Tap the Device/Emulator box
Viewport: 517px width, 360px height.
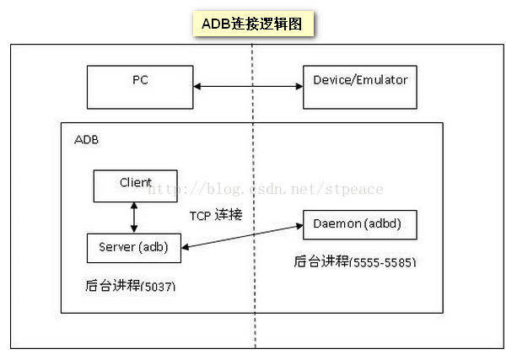(360, 85)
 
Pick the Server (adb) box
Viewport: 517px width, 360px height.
(135, 246)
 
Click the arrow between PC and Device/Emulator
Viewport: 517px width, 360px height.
(248, 85)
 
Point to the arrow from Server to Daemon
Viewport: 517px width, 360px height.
(245, 236)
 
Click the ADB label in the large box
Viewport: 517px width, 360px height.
(87, 139)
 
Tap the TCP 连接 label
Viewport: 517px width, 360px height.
(216, 215)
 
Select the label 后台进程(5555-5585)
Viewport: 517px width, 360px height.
(355, 262)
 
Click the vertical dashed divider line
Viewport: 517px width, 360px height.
(253, 320)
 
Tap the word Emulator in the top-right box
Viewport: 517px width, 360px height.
(382, 80)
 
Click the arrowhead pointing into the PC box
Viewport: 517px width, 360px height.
(198, 85)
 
